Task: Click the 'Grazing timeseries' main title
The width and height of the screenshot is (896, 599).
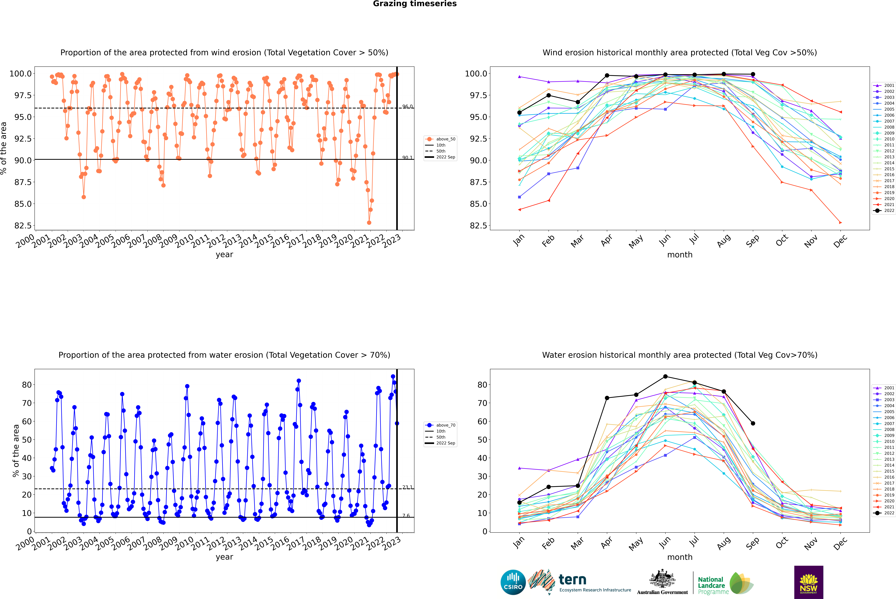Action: coord(415,4)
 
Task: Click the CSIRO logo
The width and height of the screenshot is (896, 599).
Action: coord(513,582)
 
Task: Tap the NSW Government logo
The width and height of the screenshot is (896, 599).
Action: coord(809,582)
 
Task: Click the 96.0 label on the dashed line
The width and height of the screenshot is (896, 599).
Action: coord(407,107)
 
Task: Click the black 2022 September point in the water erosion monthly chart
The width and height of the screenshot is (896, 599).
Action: coord(753,423)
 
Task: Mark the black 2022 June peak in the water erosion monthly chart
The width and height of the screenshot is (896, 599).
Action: coord(665,376)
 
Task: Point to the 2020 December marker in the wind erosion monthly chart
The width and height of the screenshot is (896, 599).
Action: coord(840,222)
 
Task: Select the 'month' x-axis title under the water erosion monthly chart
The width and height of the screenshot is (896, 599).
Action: coord(680,557)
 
